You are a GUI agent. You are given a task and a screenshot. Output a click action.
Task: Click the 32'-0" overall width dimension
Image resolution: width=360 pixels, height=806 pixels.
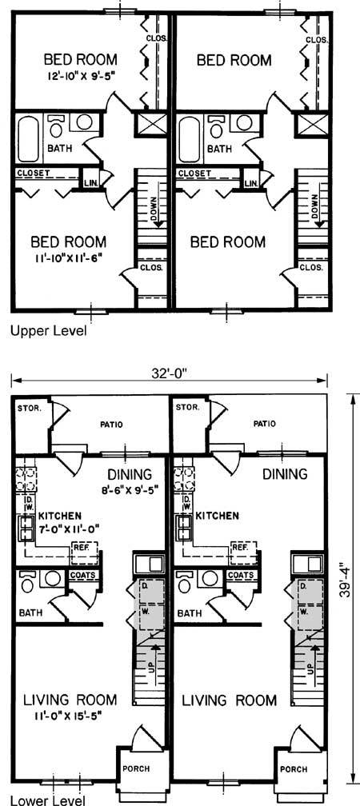click(170, 373)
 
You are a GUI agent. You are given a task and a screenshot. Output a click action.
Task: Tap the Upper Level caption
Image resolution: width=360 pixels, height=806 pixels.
click(49, 331)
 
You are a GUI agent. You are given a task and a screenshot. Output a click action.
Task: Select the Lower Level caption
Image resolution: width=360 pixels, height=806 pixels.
click(48, 800)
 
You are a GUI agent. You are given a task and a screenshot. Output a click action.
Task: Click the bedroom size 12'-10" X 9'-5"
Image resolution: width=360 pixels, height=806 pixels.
click(80, 75)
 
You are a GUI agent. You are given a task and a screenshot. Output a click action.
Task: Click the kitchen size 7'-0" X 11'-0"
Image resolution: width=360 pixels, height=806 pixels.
click(68, 528)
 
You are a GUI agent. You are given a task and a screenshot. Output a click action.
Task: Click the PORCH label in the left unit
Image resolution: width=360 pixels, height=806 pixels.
click(136, 769)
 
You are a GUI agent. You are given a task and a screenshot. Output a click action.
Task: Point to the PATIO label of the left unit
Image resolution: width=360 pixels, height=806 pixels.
click(112, 425)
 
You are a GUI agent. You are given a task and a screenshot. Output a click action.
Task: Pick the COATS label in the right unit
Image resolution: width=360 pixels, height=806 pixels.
click(240, 575)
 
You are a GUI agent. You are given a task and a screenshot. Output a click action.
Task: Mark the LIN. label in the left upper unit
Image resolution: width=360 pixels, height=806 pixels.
click(90, 182)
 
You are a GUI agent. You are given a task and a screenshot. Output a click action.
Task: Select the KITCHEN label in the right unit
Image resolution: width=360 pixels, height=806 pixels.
click(218, 516)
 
